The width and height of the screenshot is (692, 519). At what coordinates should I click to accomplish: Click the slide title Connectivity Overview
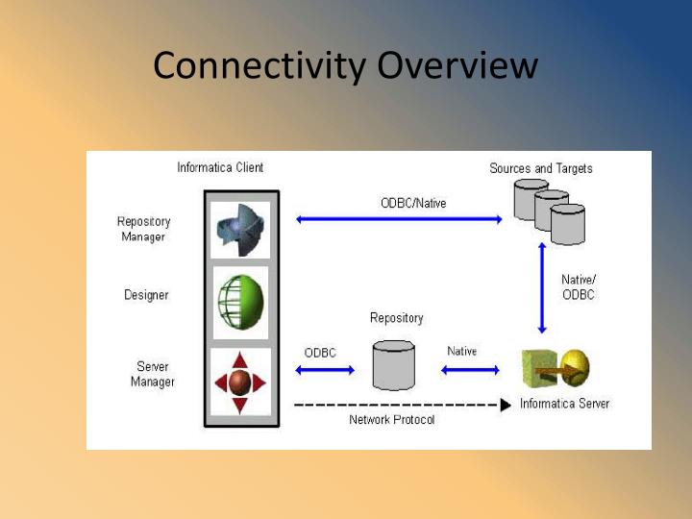(x=345, y=66)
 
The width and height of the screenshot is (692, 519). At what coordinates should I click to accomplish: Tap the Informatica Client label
(x=220, y=167)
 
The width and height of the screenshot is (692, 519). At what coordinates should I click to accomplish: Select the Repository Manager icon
(x=240, y=229)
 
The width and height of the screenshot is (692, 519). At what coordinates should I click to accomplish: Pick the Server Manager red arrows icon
(x=240, y=382)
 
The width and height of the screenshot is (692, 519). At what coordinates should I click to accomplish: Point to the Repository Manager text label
(x=143, y=229)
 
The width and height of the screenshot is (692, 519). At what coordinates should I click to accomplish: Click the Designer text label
(x=146, y=295)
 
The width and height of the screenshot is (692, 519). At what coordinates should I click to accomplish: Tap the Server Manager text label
(x=153, y=374)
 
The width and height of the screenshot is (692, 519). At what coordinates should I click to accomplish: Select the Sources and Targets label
(x=541, y=168)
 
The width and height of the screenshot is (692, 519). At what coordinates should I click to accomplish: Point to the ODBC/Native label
(x=413, y=203)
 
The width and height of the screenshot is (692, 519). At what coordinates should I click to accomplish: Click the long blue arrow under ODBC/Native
(x=399, y=219)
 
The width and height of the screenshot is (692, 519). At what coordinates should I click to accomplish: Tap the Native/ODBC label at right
(x=579, y=286)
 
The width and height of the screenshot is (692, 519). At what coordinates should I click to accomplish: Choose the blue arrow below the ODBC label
(x=325, y=369)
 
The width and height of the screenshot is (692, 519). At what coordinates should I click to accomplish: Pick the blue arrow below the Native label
(x=470, y=369)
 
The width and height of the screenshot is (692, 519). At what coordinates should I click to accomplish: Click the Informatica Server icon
(x=556, y=368)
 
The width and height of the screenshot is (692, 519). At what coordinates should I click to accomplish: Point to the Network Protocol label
(x=391, y=420)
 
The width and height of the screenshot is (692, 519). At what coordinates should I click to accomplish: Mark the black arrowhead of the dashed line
(x=506, y=405)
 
